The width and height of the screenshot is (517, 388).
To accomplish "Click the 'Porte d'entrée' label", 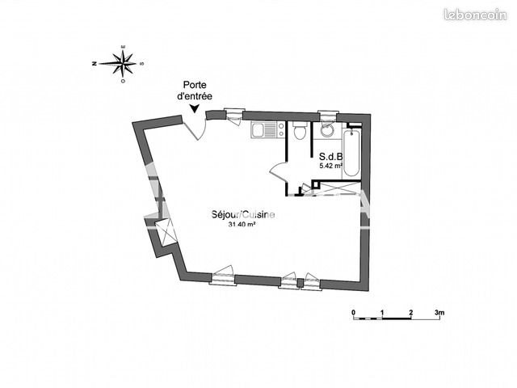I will tap(194, 90).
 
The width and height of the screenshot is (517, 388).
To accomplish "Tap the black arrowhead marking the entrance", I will tap(194, 109).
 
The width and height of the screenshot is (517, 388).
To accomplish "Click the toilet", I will tap(300, 133).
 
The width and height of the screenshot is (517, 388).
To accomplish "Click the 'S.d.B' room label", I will tap(331, 156).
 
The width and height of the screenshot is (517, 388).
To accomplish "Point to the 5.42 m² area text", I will tap(331, 166).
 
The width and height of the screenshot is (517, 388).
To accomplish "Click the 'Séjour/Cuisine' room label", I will tap(243, 215).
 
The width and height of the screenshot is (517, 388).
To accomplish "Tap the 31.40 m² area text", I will tap(242, 226).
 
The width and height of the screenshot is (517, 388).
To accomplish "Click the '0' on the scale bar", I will tap(354, 312).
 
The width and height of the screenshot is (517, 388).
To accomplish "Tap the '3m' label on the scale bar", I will tap(440, 312).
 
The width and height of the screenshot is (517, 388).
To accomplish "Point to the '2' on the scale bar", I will tap(411, 312).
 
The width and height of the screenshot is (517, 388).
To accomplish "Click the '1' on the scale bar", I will tap(382, 312).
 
